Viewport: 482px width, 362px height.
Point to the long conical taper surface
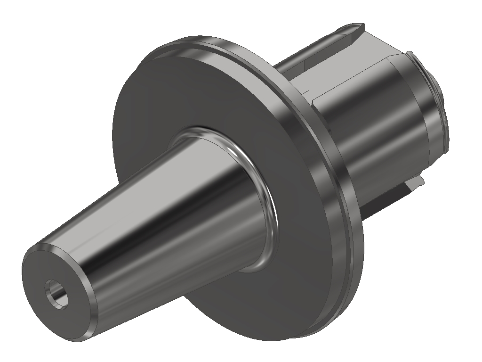(x=155, y=212)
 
